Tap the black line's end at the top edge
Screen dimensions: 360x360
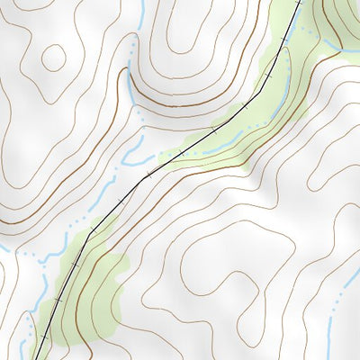click(x=298, y=2)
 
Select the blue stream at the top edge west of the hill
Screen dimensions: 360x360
click(x=141, y=11)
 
